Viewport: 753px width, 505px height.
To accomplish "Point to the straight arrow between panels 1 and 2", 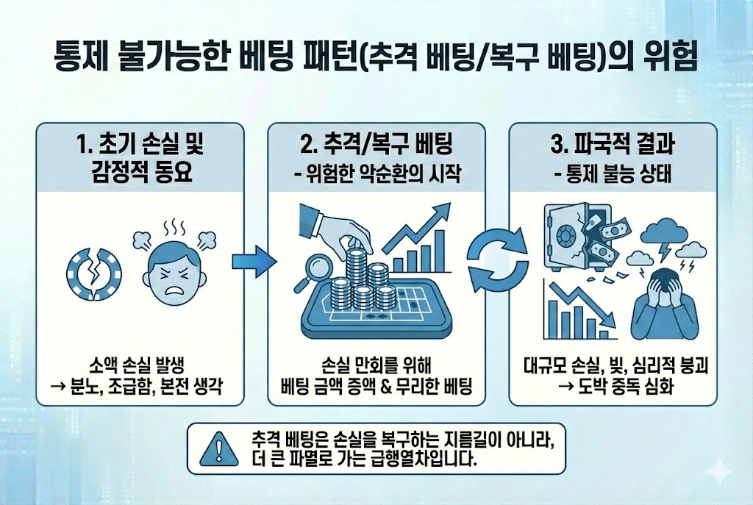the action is click(253, 261).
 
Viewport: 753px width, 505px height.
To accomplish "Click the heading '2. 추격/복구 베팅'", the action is click(376, 141).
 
